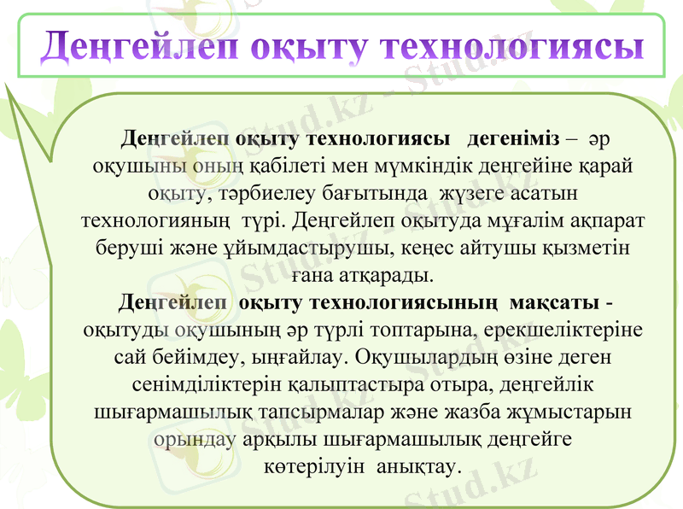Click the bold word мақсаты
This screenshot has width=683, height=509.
click(x=555, y=303)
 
